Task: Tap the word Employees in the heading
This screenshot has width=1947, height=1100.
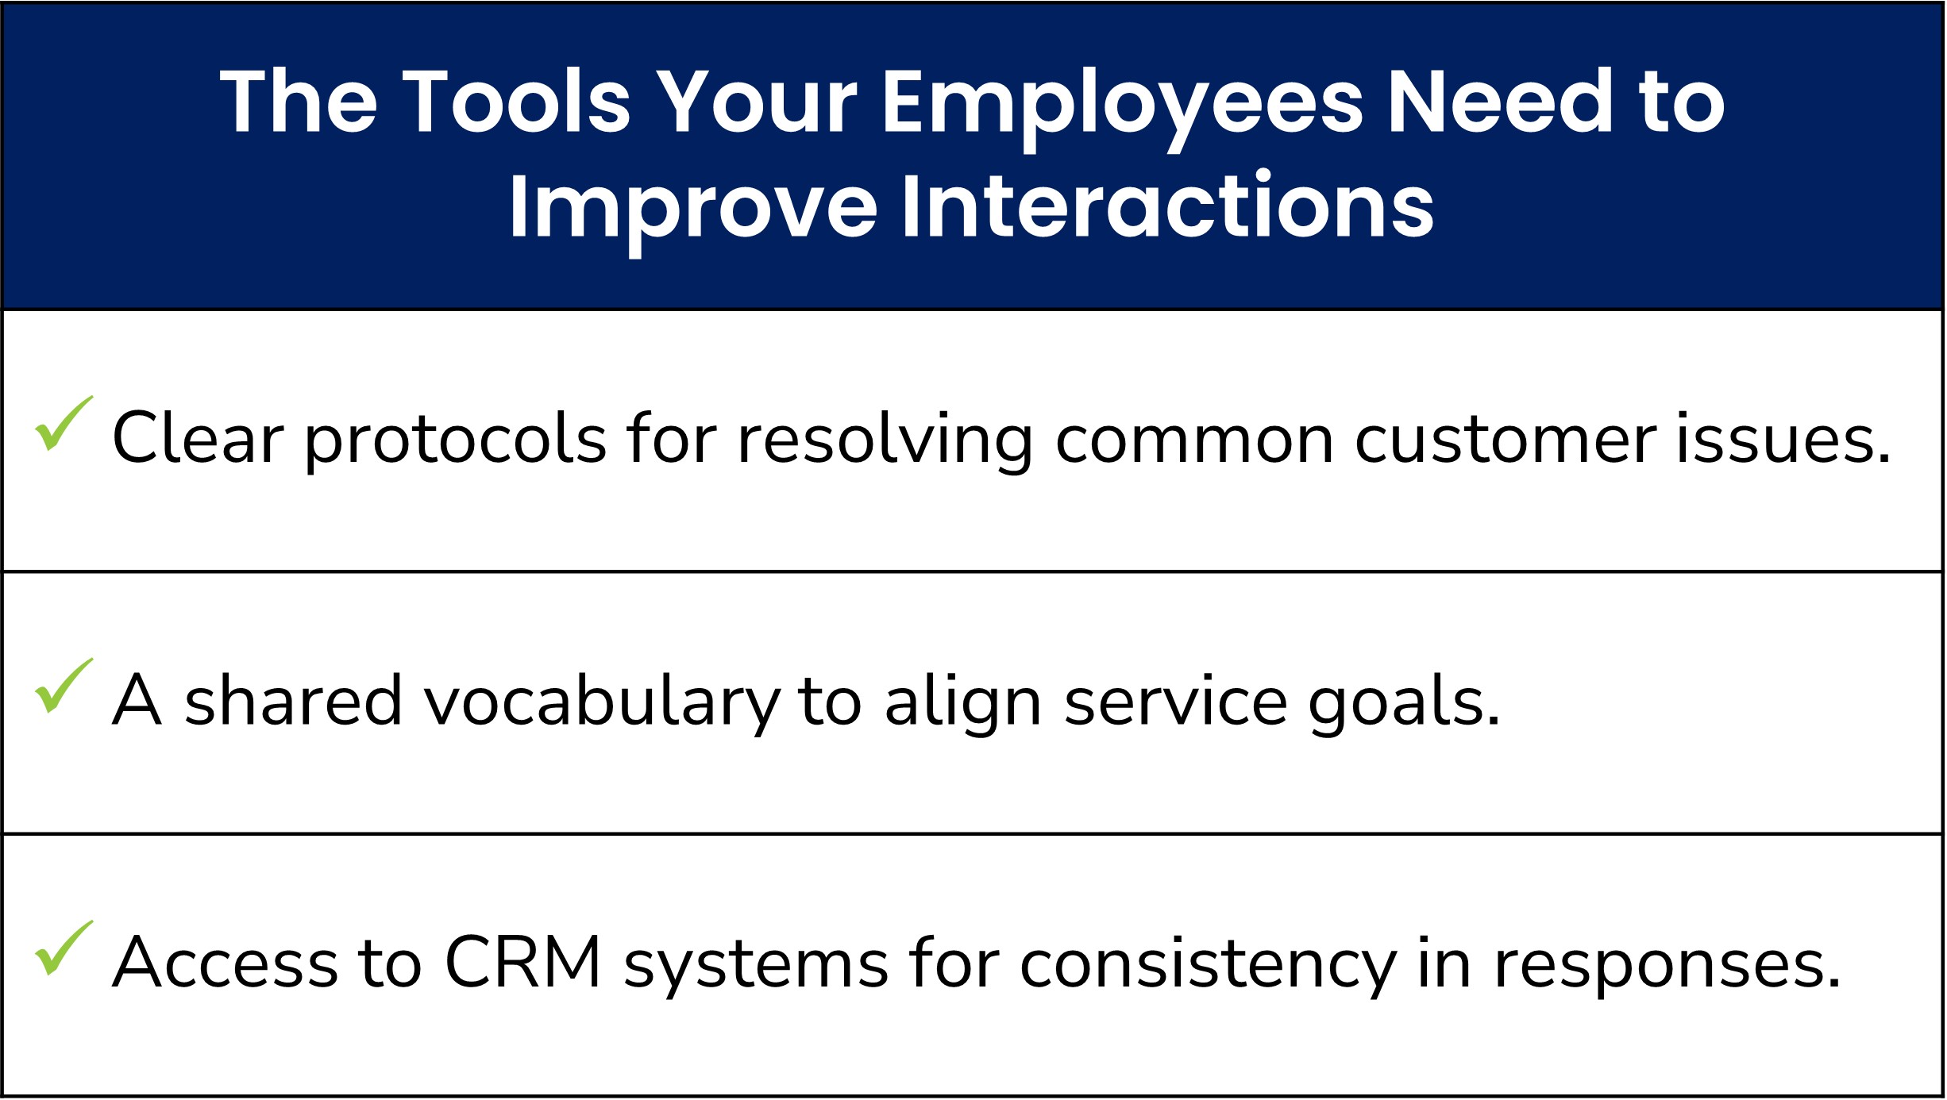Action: pos(1122,103)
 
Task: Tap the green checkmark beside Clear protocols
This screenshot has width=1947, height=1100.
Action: pos(62,425)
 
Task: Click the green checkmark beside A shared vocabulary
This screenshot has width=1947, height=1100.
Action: pos(62,687)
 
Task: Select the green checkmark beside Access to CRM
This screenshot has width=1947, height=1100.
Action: pos(62,949)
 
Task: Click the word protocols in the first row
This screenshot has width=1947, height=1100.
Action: pos(455,441)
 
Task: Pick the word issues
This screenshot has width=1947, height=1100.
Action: pos(1783,440)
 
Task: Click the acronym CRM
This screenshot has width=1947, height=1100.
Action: pos(522,962)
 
